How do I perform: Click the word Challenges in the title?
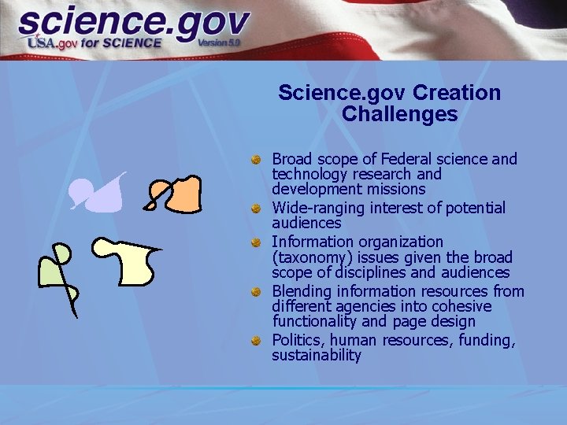(x=399, y=114)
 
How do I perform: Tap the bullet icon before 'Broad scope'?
(x=256, y=160)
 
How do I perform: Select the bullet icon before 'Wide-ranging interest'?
(x=256, y=209)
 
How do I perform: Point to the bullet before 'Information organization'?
(x=256, y=242)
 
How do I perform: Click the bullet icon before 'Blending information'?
(x=256, y=291)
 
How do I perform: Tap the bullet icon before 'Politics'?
(x=256, y=341)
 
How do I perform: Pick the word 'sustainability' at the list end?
(x=317, y=355)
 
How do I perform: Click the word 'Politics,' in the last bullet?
(x=298, y=340)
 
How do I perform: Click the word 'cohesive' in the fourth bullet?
(x=464, y=306)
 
